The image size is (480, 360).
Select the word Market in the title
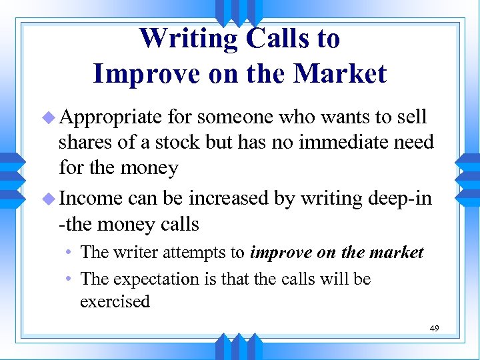[338, 73]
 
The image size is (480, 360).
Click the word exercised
[115, 302]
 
